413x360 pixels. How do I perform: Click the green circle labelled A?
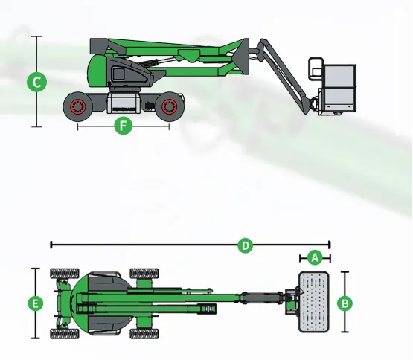[x=314, y=257]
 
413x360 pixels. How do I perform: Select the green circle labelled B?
[x=345, y=303]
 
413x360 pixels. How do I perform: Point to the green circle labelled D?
[x=244, y=244]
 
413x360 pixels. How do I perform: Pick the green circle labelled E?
[x=35, y=303]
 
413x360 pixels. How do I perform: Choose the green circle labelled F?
[x=124, y=126]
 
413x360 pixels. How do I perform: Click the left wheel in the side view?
[x=77, y=107]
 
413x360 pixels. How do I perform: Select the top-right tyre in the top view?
[x=144, y=274]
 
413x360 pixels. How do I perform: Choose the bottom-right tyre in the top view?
[x=144, y=332]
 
